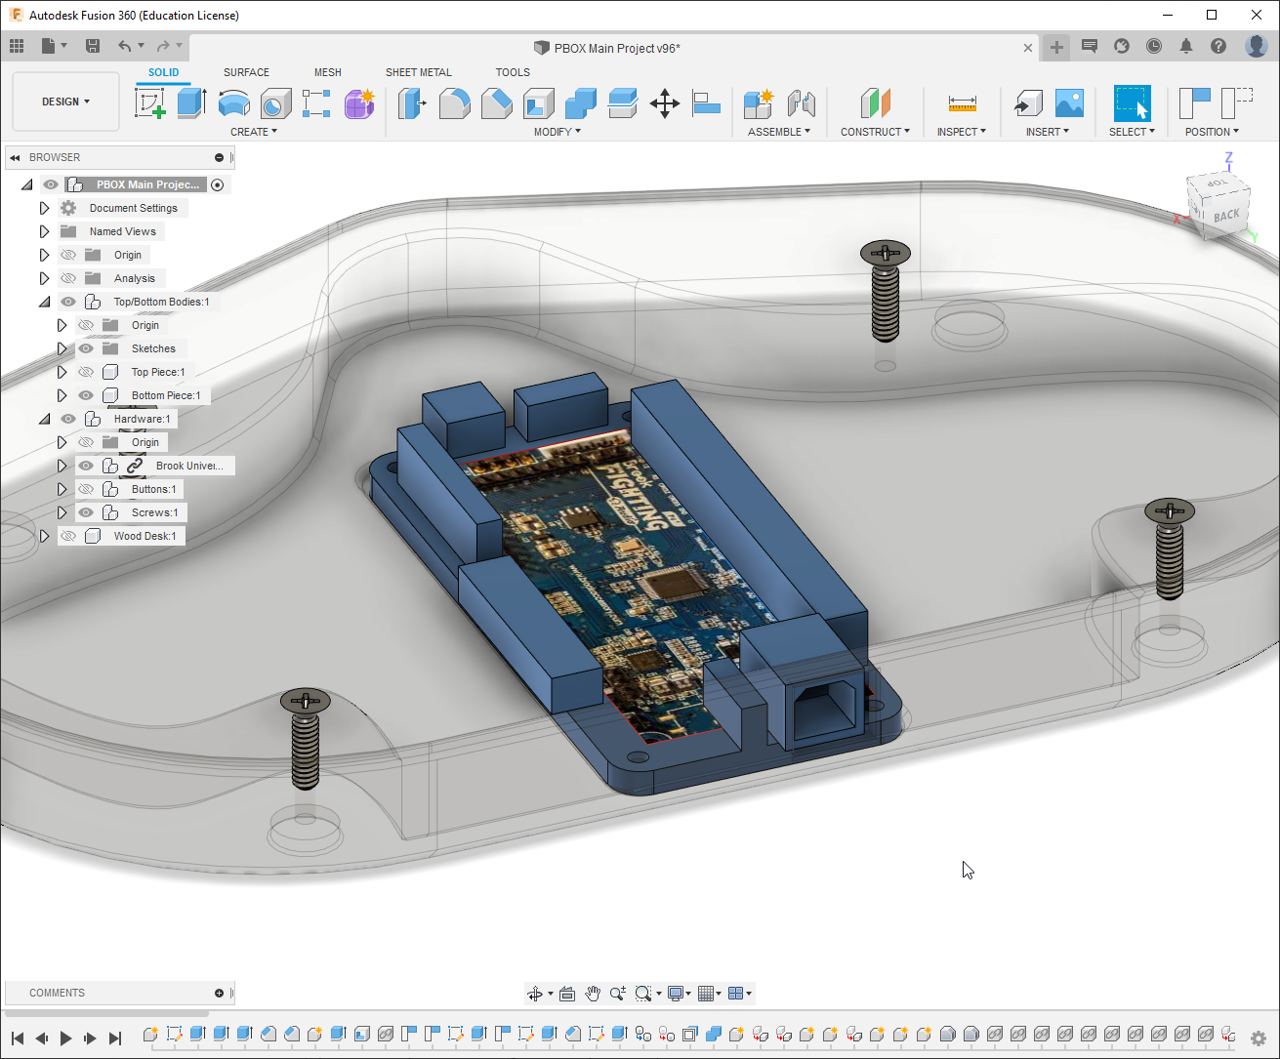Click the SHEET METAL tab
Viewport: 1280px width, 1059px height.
coord(418,72)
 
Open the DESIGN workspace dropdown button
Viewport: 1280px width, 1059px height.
coord(65,102)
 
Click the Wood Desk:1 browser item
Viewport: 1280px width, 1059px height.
coord(145,536)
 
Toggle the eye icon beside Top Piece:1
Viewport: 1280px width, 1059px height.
coord(86,372)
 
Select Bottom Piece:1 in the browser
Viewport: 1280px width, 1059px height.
coord(165,395)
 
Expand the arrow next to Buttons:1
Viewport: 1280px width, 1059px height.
coord(62,489)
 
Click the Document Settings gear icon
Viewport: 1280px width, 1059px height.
coord(68,208)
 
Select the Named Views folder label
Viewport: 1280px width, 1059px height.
coord(122,231)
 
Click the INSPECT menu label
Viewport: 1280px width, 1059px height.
coord(961,132)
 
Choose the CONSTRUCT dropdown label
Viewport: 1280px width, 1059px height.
coord(874,132)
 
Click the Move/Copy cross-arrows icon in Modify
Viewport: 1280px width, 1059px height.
coord(665,103)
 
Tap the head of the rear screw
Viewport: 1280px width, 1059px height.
coord(885,254)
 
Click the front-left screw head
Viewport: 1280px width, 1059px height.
coord(306,701)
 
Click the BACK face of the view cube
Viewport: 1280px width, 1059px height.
coord(1226,215)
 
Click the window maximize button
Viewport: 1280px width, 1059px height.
coord(1212,15)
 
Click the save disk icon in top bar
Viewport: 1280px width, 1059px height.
coord(93,46)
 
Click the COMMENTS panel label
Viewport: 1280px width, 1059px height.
coord(57,993)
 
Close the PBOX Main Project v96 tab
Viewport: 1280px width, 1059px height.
coord(1028,48)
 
